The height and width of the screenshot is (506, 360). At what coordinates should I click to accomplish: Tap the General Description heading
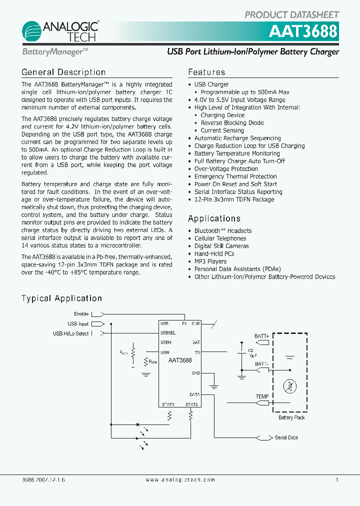click(63, 72)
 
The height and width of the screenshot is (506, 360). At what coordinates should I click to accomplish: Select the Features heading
click(206, 72)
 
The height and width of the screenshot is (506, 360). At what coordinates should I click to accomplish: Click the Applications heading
click(214, 218)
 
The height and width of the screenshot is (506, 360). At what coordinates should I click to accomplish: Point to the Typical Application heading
click(61, 298)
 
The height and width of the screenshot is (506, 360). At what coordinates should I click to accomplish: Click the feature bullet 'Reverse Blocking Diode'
click(232, 123)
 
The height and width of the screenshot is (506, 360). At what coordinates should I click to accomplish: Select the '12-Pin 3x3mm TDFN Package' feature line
click(234, 199)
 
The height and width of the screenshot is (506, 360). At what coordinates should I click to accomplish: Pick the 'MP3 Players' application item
click(210, 261)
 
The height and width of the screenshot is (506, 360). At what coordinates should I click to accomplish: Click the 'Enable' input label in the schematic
click(81, 314)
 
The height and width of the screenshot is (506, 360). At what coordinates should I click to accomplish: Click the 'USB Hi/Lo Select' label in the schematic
click(70, 333)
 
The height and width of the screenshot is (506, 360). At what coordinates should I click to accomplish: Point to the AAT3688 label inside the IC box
click(180, 360)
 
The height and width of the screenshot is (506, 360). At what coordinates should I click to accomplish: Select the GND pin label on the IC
click(195, 373)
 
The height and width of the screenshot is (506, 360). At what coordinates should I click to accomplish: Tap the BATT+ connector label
click(261, 336)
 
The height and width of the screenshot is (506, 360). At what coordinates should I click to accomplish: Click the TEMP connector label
click(262, 396)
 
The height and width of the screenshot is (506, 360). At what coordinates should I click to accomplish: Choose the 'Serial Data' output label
click(286, 437)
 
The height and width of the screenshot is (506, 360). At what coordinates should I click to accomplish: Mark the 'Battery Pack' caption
click(291, 417)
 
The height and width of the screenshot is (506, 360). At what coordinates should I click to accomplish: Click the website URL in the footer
click(180, 479)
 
